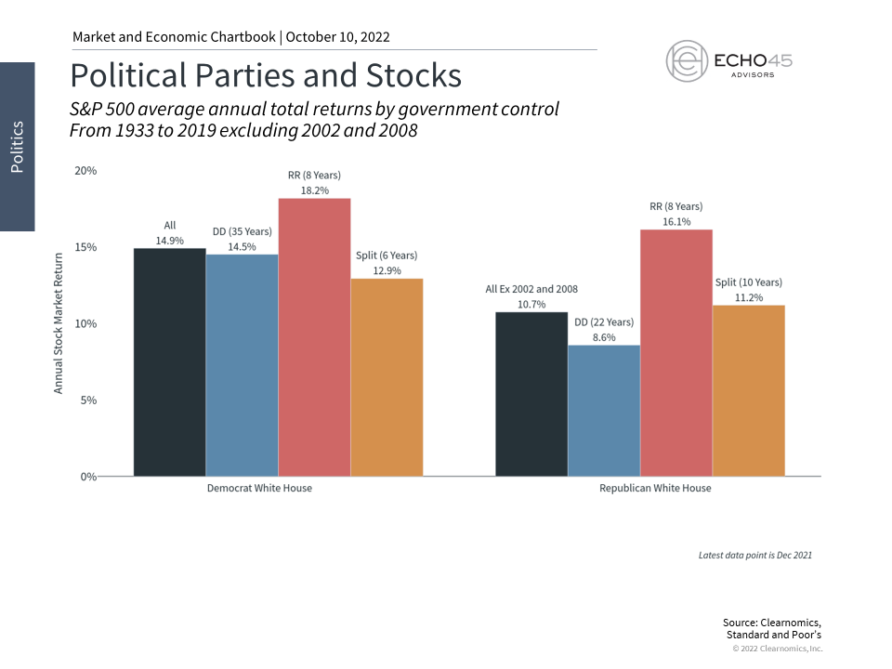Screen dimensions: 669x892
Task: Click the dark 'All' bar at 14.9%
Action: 169,362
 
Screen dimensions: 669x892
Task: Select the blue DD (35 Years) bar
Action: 242,365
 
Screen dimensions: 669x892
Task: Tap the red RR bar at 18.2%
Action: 314,337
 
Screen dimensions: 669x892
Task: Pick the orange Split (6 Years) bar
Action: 387,377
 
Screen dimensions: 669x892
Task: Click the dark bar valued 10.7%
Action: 531,394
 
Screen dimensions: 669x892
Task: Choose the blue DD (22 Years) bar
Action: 604,411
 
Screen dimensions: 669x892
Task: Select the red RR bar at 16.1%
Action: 676,353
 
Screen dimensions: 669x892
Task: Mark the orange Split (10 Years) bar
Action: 749,390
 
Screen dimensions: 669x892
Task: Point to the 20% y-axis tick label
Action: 85,171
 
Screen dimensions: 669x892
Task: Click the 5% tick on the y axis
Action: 88,400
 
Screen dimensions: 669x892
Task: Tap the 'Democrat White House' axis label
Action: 259,489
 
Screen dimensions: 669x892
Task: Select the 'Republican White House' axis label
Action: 655,489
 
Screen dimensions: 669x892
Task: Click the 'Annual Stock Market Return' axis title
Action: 59,322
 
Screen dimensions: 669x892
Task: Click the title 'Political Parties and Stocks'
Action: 266,73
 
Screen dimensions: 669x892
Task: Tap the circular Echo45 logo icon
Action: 687,59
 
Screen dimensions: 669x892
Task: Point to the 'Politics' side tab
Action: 17,146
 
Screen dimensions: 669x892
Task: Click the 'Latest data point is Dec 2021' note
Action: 755,555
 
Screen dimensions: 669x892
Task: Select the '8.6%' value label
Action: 604,338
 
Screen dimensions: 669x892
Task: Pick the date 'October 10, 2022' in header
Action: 338,37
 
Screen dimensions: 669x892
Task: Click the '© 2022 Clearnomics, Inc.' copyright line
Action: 778,649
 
